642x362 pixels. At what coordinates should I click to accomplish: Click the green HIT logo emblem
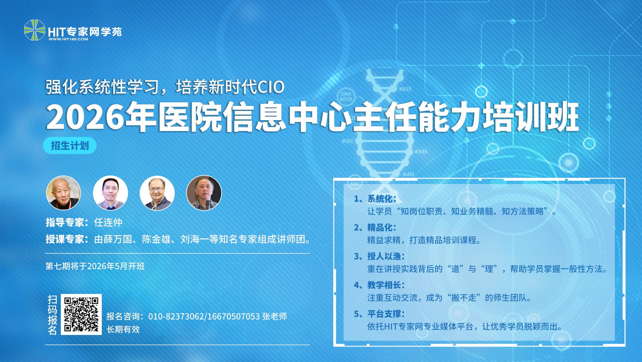[34, 30]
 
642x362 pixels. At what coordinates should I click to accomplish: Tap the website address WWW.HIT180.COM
[68, 39]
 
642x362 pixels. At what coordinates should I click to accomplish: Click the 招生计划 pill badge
[70, 146]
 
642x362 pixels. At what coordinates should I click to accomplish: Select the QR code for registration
[81, 314]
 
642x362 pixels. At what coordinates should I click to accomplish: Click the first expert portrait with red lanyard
[63, 193]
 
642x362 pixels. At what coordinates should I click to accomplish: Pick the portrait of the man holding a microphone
[204, 193]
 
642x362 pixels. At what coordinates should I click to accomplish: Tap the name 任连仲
[108, 222]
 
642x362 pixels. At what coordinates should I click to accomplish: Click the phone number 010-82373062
[176, 316]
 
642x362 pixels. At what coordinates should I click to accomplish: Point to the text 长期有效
[123, 329]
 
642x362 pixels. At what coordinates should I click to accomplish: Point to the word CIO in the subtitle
[271, 87]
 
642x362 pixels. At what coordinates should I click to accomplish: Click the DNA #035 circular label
[346, 96]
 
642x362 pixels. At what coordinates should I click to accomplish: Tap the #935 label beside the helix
[421, 152]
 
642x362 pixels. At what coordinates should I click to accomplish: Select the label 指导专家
[65, 222]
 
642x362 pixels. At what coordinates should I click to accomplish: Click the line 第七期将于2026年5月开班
[95, 266]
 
